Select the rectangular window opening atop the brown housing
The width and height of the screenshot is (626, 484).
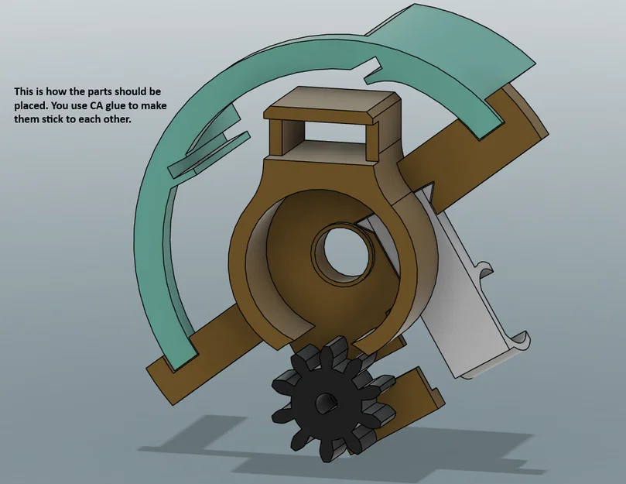pyautogui.click(x=334, y=131)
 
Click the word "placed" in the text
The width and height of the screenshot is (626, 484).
pyautogui.click(x=28, y=106)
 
